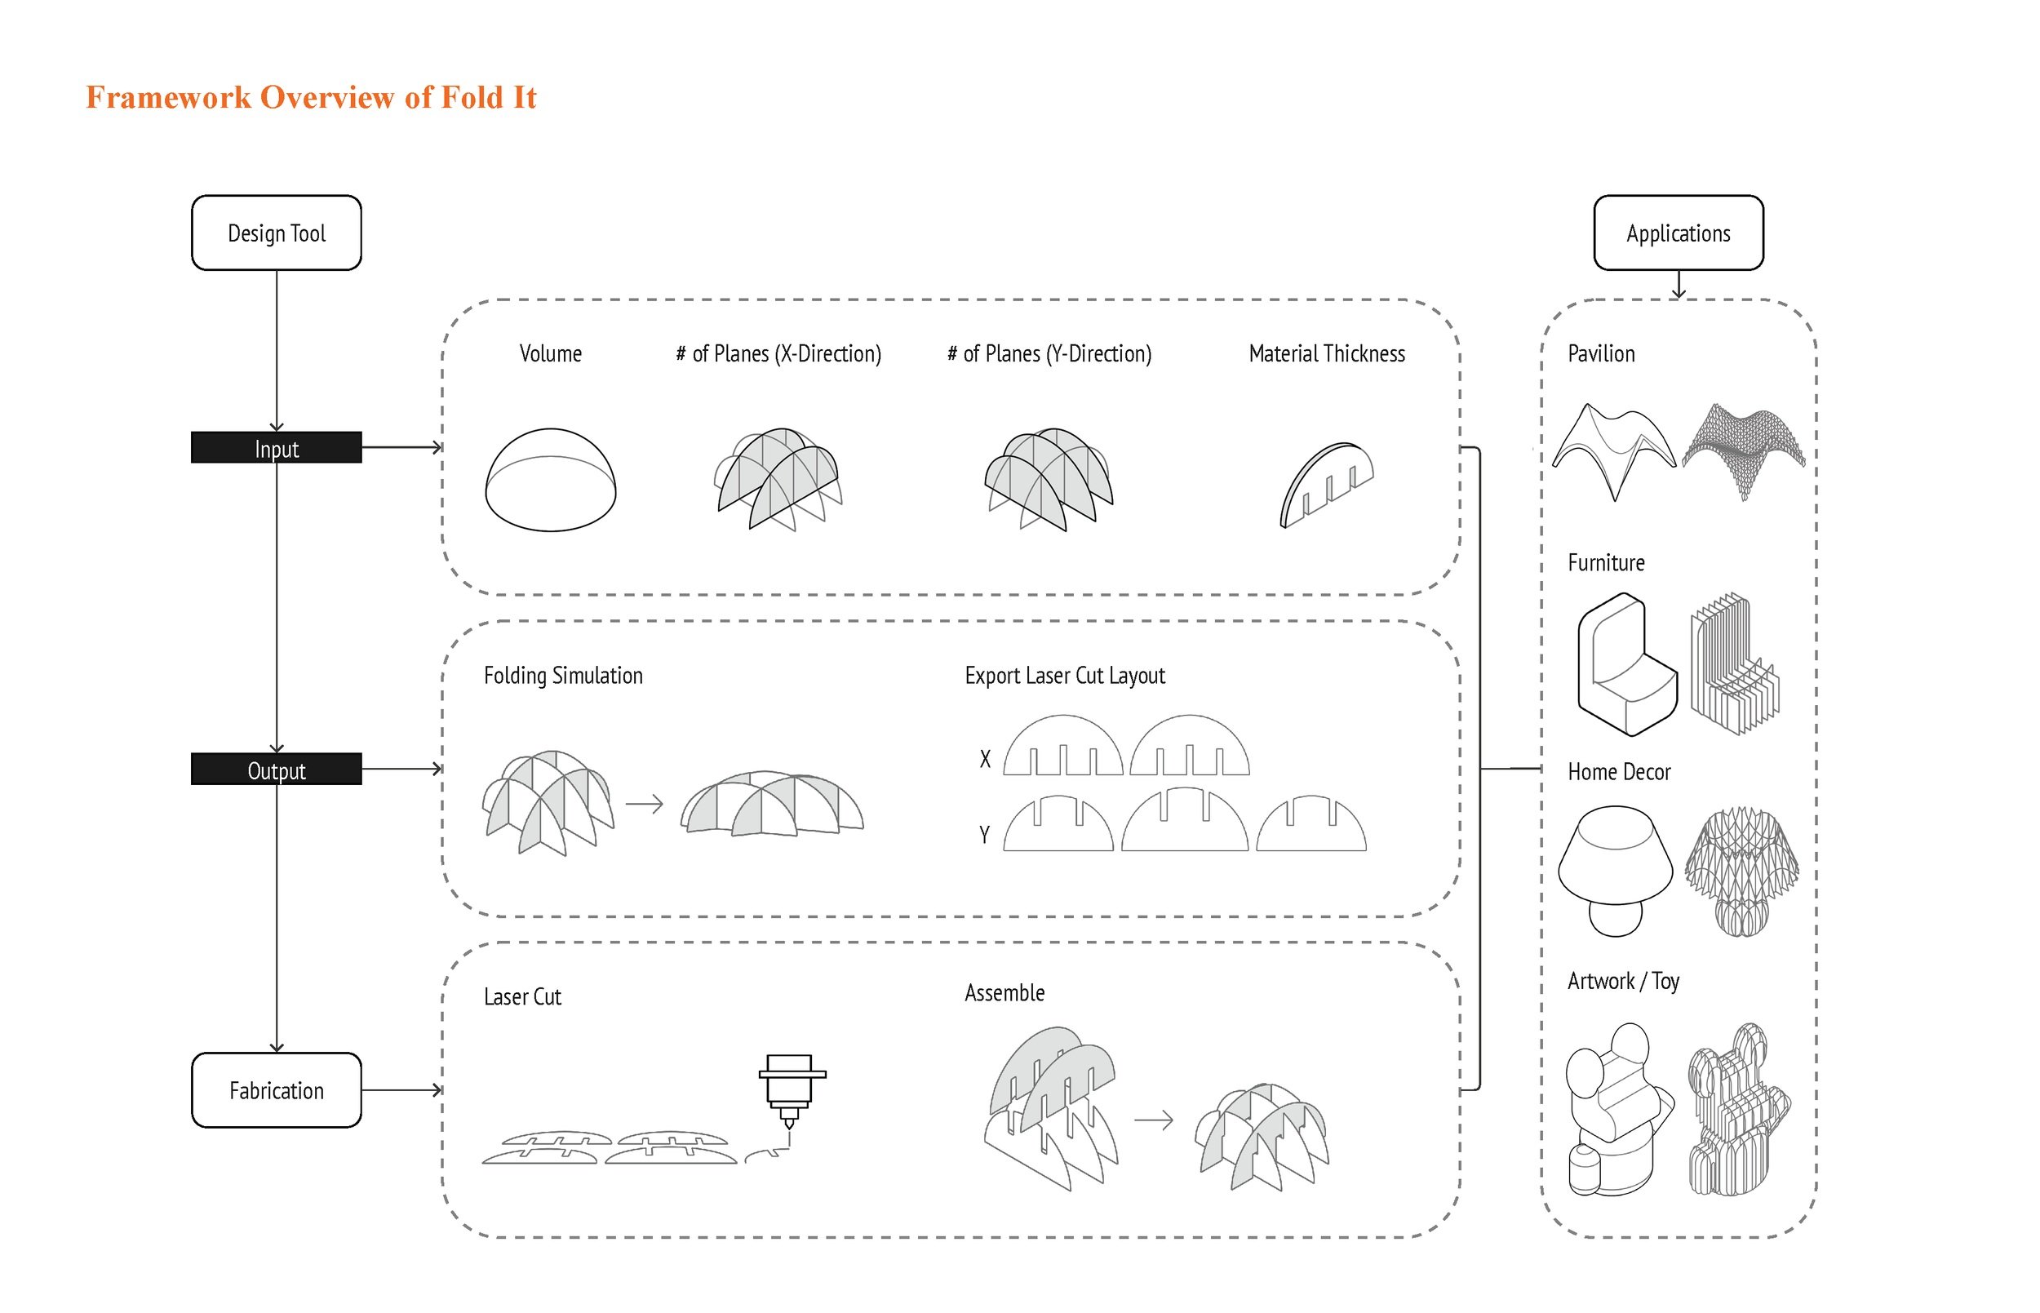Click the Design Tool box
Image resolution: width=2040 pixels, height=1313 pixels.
(276, 233)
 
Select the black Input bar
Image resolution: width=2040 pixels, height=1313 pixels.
(276, 448)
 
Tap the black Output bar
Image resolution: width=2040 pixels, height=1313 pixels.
(276, 769)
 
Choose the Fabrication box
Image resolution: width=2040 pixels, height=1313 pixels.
(276, 1089)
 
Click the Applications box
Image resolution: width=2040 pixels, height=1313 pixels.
(1678, 233)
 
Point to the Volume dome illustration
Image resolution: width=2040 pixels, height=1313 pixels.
(550, 479)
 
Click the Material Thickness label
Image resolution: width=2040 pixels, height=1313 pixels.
(1327, 354)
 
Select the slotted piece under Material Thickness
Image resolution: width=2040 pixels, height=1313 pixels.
(1326, 484)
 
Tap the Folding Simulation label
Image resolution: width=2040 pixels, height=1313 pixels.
(563, 675)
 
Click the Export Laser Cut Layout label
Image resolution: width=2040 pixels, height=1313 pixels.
(1064, 675)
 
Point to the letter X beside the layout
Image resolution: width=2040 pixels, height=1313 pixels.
(985, 759)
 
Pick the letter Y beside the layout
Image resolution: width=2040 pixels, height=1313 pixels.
(985, 834)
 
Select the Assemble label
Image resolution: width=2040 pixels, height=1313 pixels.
(1004, 992)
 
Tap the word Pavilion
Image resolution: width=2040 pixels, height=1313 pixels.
(1601, 354)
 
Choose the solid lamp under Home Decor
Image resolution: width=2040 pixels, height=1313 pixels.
(1615, 870)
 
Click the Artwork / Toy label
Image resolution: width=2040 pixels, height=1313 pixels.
(1622, 981)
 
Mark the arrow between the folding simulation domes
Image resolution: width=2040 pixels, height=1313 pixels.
(645, 803)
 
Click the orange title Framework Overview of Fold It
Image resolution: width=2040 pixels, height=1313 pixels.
(311, 97)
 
